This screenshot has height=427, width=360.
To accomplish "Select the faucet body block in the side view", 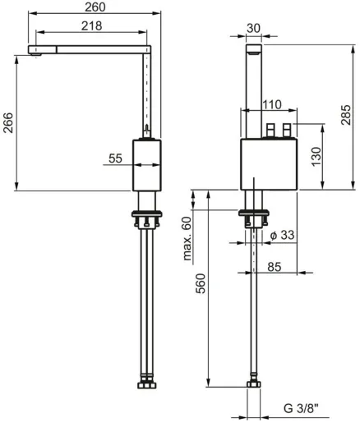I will coord(147,165).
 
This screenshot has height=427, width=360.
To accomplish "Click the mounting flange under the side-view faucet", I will coord(147,218).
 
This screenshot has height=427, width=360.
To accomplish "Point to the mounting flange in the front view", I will coord(255,218).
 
